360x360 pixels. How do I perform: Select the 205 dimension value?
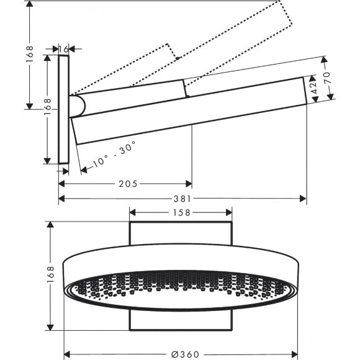tap(127, 183)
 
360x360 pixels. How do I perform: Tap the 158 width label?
tap(181, 212)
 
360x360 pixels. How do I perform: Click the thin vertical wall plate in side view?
tap(65, 109)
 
